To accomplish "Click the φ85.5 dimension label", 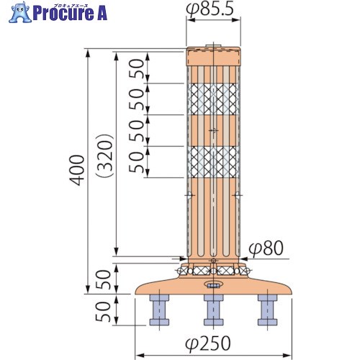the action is (210, 11).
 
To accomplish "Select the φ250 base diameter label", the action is (208, 343).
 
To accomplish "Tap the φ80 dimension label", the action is (266, 248).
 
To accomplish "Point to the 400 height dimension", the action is (77, 170).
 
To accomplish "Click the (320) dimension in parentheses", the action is (104, 156).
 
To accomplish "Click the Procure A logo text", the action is (70, 14).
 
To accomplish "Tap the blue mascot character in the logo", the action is (19, 12).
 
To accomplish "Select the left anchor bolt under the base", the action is (159, 310).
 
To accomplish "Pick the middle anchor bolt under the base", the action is (213, 310).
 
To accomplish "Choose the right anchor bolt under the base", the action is (267, 310).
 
